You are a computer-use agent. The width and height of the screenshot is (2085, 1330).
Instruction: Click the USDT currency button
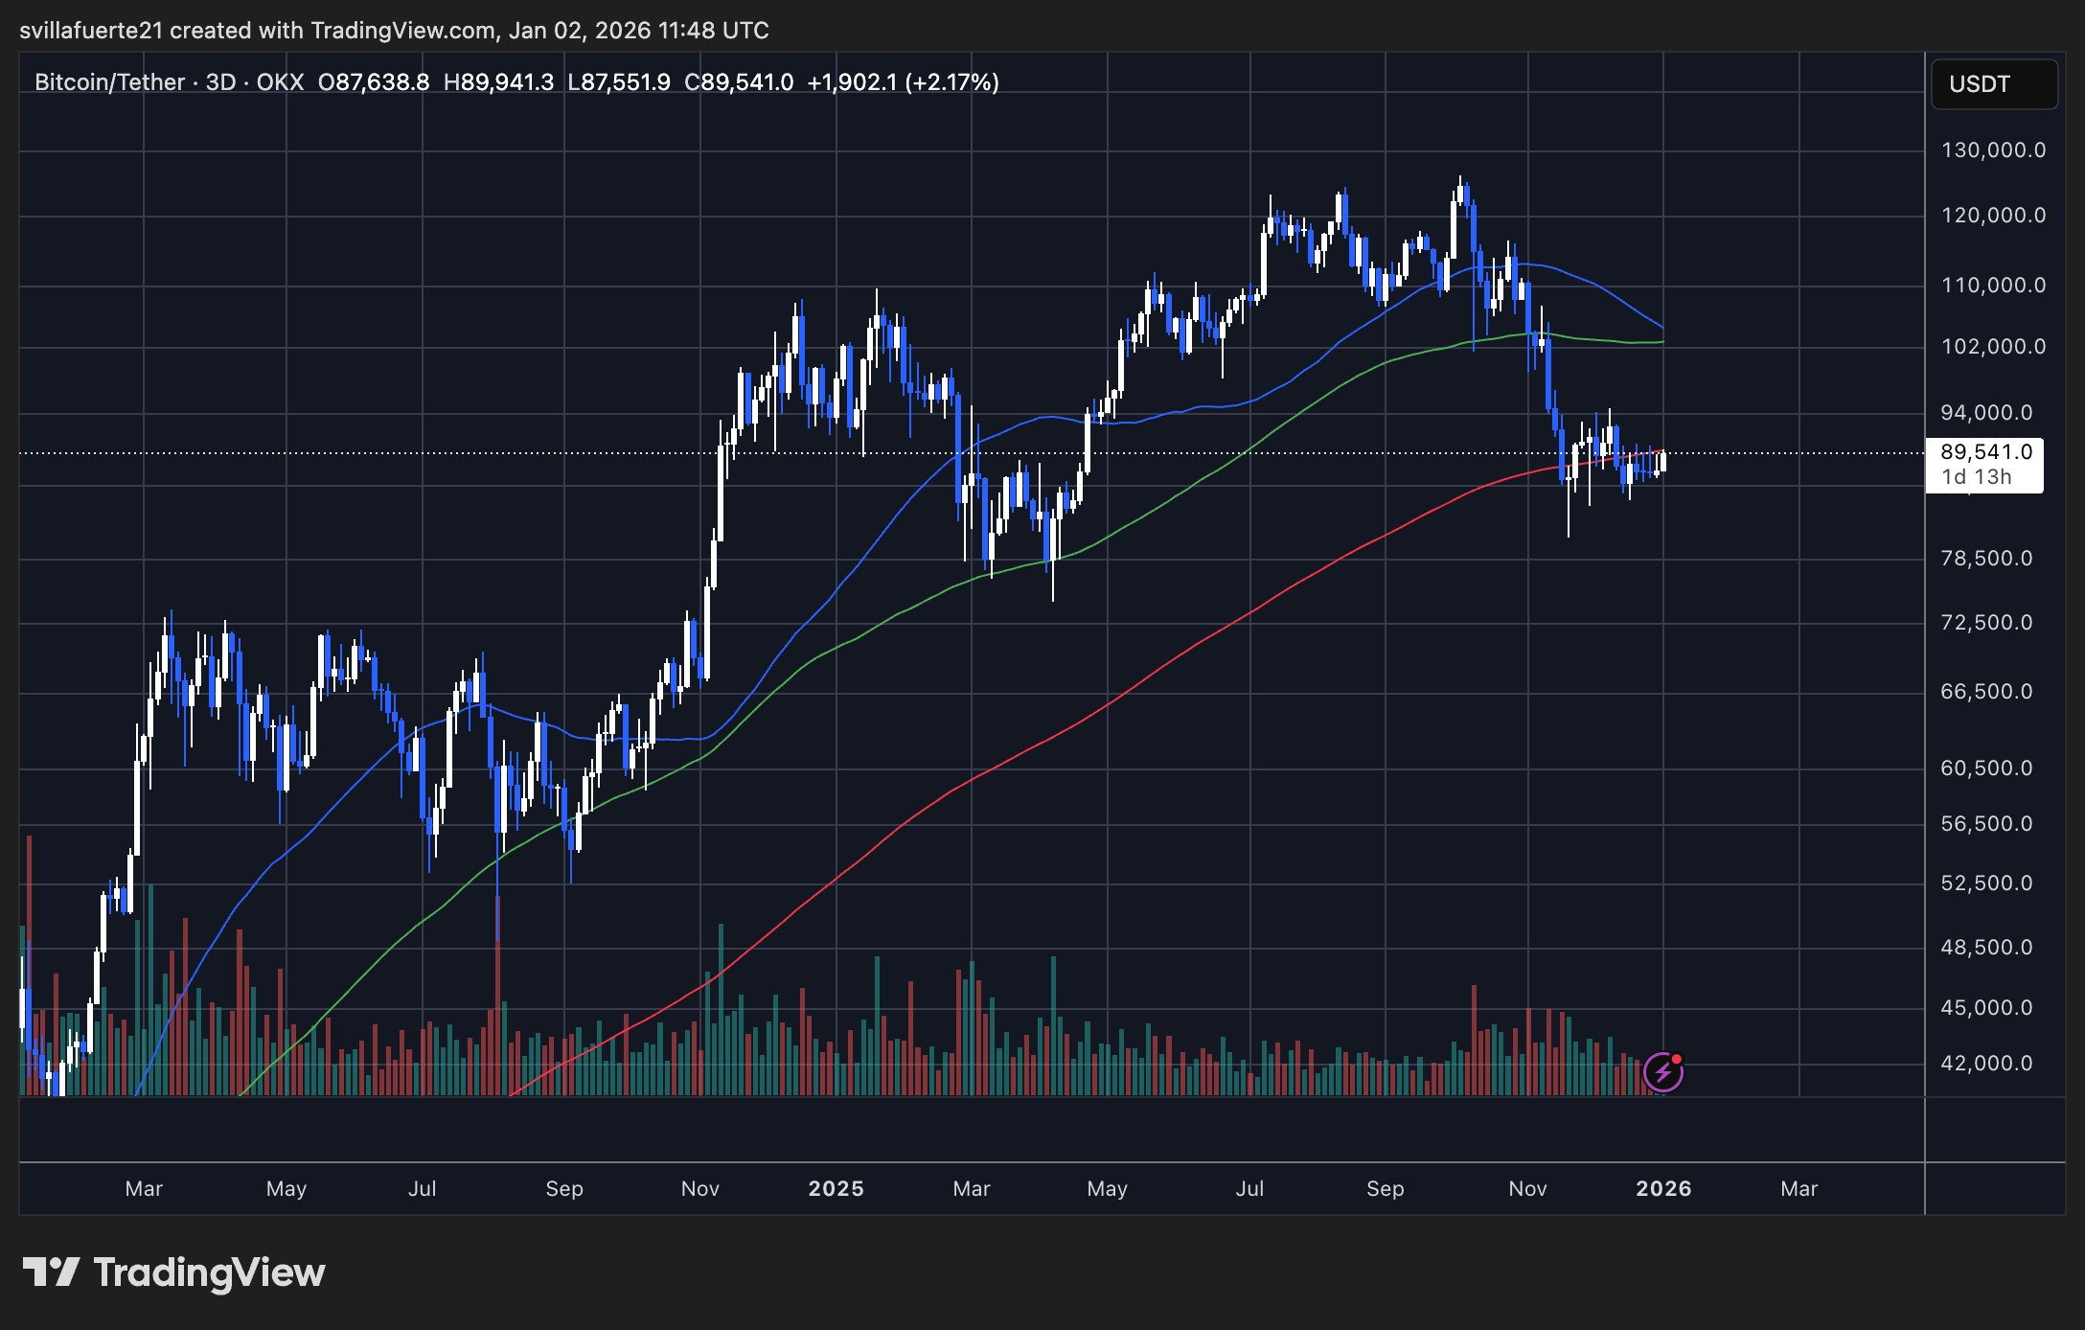[1993, 84]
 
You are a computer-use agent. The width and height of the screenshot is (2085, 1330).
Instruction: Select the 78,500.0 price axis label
[1986, 558]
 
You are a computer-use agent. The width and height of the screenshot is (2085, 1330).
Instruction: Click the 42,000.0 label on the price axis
[1986, 1063]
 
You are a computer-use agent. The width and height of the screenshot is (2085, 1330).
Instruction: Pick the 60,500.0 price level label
[1986, 768]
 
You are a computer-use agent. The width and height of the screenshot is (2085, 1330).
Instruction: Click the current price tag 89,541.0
[1985, 452]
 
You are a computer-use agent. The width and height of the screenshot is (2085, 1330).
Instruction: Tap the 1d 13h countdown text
[1976, 477]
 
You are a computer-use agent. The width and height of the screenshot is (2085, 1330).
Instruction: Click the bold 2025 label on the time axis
[836, 1188]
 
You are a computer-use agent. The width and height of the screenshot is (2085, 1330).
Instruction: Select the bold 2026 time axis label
[1663, 1188]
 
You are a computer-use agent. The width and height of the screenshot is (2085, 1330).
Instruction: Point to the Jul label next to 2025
[1249, 1188]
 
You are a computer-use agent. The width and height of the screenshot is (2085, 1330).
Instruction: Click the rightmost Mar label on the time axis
[1799, 1188]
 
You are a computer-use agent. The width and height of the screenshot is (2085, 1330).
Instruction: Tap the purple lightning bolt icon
[1663, 1071]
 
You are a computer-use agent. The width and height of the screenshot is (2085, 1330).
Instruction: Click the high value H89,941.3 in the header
[498, 82]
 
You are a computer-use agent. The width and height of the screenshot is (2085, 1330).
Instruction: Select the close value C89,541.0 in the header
[739, 82]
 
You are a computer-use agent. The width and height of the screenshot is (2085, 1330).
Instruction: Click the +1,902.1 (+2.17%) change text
[903, 82]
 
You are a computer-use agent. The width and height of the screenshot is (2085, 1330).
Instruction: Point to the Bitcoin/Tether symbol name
[109, 82]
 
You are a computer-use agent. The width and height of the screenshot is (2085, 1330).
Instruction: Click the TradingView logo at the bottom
[174, 1273]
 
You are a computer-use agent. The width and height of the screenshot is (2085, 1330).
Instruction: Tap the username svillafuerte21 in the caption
[91, 31]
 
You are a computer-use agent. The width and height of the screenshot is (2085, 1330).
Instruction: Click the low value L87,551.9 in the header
[619, 82]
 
